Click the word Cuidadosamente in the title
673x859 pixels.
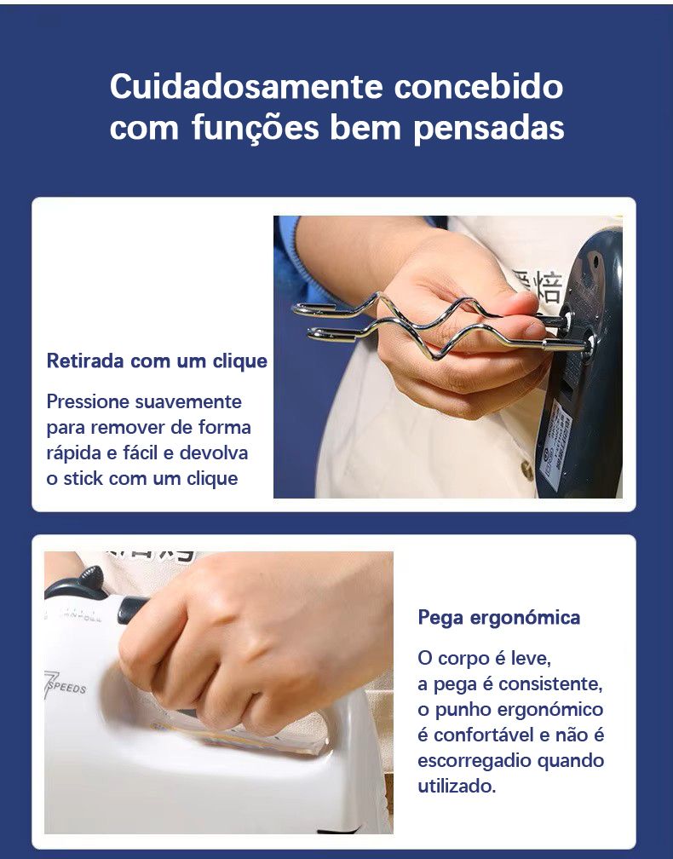pyautogui.click(x=246, y=86)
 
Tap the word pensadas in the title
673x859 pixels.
pyautogui.click(x=489, y=128)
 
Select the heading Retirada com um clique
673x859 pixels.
pyautogui.click(x=157, y=361)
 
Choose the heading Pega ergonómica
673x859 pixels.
pyautogui.click(x=499, y=617)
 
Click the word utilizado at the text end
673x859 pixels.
pyautogui.click(x=457, y=786)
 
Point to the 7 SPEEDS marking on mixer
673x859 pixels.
pyautogui.click(x=65, y=685)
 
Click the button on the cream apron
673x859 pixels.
pyautogui.click(x=526, y=470)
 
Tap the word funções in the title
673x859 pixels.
pyautogui.click(x=256, y=128)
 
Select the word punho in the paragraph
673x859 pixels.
pyautogui.click(x=458, y=709)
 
